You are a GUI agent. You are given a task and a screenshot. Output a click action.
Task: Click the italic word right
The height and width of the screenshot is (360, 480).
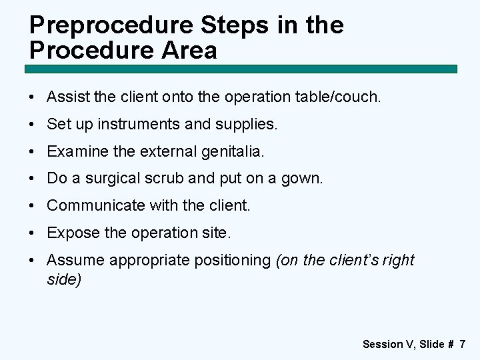[399, 261]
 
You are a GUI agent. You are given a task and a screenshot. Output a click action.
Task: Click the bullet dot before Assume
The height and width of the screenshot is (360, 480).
[33, 261]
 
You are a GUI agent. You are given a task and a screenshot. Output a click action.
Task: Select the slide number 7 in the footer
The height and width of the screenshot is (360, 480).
[463, 344]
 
